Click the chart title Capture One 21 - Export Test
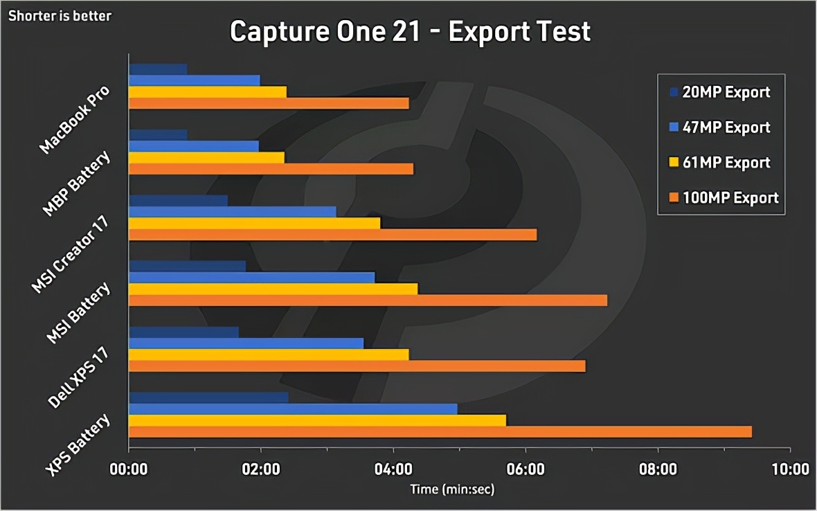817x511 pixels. coord(410,31)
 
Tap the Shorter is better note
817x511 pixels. coord(60,15)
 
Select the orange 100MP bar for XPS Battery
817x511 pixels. coord(440,432)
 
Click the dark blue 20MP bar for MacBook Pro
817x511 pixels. coord(158,69)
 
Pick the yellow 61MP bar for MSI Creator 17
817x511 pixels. coord(255,223)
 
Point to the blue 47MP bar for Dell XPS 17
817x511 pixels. coord(246,343)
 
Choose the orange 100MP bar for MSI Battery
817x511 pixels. coord(368,300)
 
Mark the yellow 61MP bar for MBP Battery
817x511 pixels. coord(207,157)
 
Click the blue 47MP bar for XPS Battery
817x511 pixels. coord(294,409)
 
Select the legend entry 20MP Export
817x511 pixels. coord(726,92)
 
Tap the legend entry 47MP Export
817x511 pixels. coord(726,127)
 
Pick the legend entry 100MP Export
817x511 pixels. coord(730,198)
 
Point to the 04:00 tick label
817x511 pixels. coord(393,469)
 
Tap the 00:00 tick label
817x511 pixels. coord(129,469)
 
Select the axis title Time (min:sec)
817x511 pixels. coord(453,489)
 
